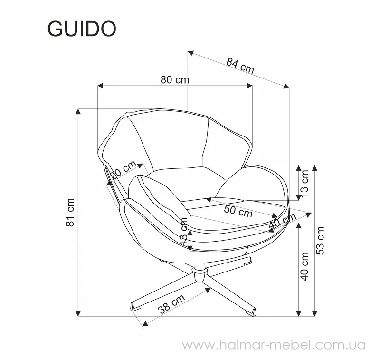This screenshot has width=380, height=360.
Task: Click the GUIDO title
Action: pyautogui.click(x=82, y=29)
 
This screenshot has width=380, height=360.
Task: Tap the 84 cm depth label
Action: pyautogui.click(x=240, y=66)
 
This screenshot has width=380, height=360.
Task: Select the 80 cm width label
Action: pyautogui.click(x=175, y=79)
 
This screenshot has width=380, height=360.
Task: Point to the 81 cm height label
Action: pyautogui.click(x=70, y=212)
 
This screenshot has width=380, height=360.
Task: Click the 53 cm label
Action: pyautogui.click(x=320, y=241)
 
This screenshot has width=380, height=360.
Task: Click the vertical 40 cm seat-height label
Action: pyautogui.click(x=304, y=267)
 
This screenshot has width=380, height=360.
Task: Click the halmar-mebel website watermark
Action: pyautogui.click(x=274, y=345)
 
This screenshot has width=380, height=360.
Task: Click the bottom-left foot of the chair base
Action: pyautogui.click(x=136, y=306)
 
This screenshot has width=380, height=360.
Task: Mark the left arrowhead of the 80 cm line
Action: pyautogui.click(x=101, y=86)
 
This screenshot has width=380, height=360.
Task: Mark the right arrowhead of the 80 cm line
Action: pyautogui.click(x=249, y=86)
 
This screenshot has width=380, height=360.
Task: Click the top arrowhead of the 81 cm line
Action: pyautogui.click(x=78, y=112)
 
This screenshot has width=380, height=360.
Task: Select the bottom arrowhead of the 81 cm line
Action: pyautogui.click(x=78, y=313)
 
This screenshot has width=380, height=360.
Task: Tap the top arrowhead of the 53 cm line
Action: pyautogui.click(x=314, y=168)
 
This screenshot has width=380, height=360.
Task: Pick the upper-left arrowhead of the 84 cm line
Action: pyautogui.click(x=191, y=53)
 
